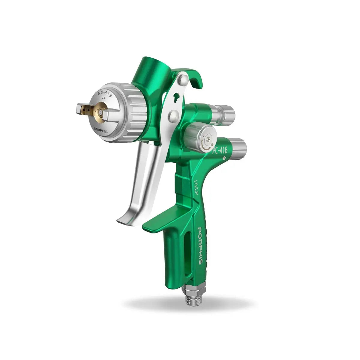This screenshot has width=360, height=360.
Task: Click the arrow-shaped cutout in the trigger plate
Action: (x=178, y=97)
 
